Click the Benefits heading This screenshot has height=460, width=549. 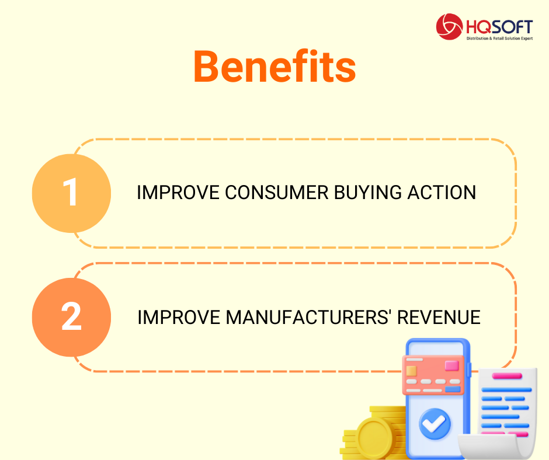point(274,67)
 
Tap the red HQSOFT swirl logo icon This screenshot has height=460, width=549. point(449,27)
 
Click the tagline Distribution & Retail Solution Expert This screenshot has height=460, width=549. point(499,39)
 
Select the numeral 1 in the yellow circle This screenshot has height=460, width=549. point(70,192)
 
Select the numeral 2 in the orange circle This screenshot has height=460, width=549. point(71,316)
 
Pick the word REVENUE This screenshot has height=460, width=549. point(439,317)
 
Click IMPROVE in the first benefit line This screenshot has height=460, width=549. point(178,193)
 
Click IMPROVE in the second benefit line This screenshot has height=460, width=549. point(179,317)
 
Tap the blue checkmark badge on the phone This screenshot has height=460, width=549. point(435,424)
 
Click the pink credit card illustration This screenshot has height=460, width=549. point(433,375)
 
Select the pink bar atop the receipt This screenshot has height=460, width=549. point(507,376)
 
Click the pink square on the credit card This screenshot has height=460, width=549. point(451,366)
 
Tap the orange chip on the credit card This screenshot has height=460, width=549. point(411,371)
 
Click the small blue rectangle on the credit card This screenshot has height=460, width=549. point(453,389)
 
